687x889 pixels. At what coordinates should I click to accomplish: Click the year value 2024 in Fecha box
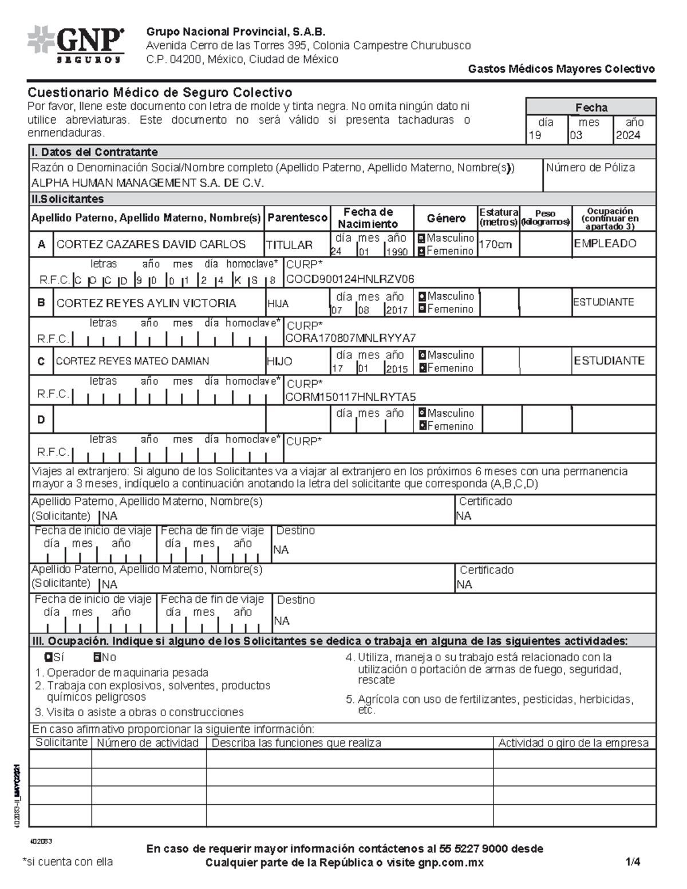point(627,136)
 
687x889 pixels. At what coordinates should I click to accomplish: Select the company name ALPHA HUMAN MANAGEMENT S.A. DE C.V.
point(148,183)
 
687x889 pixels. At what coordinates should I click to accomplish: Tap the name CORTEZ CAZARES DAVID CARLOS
point(151,244)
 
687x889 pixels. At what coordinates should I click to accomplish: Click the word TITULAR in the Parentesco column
point(289,245)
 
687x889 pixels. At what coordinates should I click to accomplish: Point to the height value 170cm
point(495,244)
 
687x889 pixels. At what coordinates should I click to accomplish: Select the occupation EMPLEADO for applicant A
point(605,244)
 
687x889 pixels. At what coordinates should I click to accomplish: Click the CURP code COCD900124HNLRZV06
point(350,279)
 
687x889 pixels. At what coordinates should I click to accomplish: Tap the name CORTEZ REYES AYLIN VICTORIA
point(146,303)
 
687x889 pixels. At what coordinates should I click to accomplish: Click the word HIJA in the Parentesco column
point(278,303)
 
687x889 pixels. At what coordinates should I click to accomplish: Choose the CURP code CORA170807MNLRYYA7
point(350,338)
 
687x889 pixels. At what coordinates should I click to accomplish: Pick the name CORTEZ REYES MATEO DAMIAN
point(132,361)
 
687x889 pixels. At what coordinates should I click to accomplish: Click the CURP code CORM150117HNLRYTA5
point(350,397)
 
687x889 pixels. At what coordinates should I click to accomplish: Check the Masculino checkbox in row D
point(422,413)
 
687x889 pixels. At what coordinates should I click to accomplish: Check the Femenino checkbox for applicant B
point(422,309)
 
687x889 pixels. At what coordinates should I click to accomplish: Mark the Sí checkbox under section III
point(49,657)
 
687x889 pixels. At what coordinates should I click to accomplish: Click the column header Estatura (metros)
point(499,217)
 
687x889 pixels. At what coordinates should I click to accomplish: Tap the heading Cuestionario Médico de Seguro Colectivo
point(160,93)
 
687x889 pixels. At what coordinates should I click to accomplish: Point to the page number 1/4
point(633,862)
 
